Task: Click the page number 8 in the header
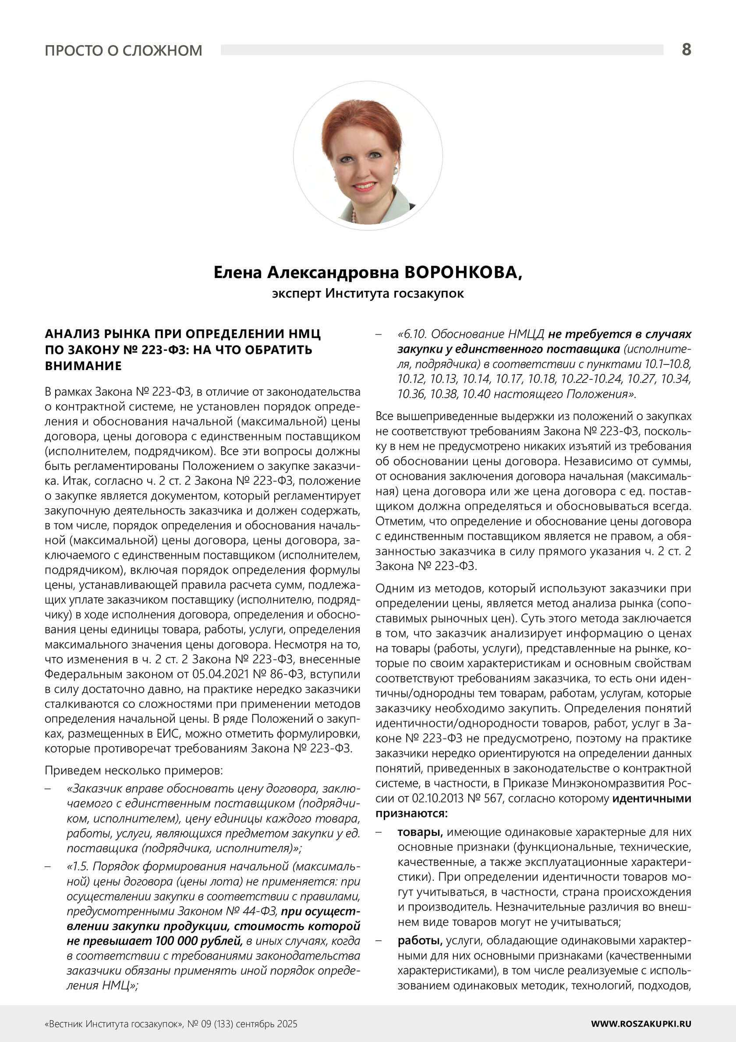click(x=686, y=49)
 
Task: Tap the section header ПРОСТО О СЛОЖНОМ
click(x=124, y=50)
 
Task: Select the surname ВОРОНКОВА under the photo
click(x=463, y=273)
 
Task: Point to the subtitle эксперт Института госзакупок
click(x=368, y=293)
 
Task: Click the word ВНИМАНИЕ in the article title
click(x=83, y=366)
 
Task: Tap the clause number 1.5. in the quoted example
click(x=79, y=867)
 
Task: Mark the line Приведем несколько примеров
click(x=134, y=770)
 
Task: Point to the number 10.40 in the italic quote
click(x=476, y=394)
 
